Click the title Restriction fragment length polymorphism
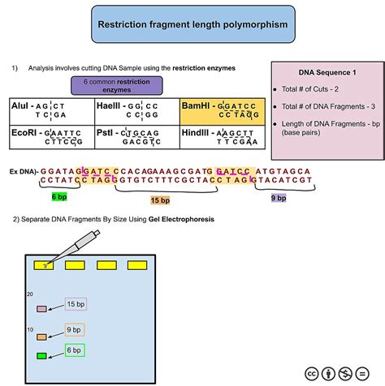point(192,25)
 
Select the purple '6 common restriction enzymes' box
point(118,86)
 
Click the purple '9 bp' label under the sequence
point(277,197)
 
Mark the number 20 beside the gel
point(30,295)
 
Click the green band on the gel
point(41,355)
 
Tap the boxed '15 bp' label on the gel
point(76,304)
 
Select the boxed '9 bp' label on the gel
point(74,330)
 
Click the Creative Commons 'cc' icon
point(310,373)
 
